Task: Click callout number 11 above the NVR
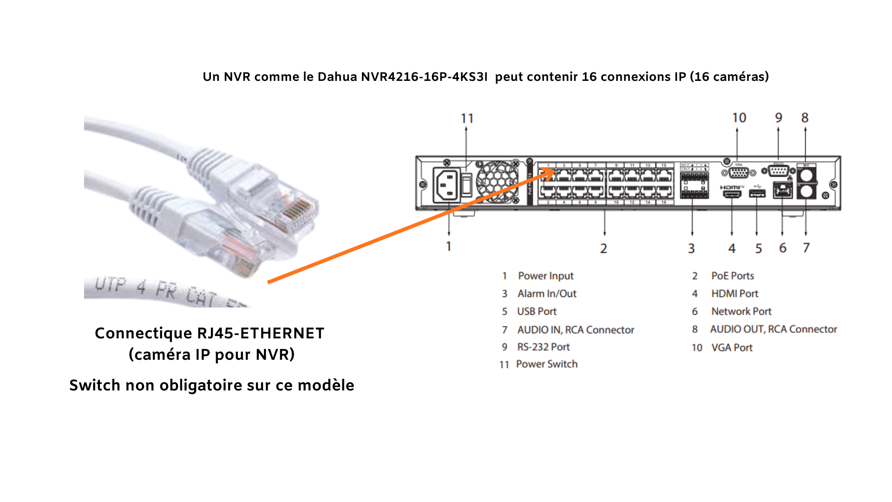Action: point(467,119)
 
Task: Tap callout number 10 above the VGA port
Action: point(739,118)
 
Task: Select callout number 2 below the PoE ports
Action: point(603,248)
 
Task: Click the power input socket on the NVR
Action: point(446,185)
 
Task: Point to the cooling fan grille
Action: point(497,182)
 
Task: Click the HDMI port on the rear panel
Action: point(732,193)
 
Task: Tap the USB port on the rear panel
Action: point(757,193)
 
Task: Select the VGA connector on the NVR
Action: point(739,173)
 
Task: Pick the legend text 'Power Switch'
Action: point(547,364)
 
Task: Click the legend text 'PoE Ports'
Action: point(732,276)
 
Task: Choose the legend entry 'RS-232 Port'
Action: point(543,347)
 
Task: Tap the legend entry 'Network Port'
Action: point(741,311)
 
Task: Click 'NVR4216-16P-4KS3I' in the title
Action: point(424,77)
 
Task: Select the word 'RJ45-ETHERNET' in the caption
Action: point(260,333)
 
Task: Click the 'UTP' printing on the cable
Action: point(110,284)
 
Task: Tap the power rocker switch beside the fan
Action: point(466,185)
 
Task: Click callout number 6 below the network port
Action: point(783,248)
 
